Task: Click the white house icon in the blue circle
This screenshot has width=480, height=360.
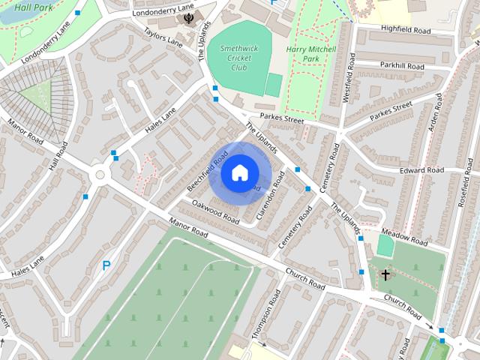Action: tap(239, 173)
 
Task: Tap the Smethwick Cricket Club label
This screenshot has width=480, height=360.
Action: tap(238, 58)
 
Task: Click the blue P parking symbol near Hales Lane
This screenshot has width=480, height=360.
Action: tap(106, 265)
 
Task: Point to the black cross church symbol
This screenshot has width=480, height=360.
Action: tap(385, 275)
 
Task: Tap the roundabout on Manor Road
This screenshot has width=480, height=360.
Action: tap(99, 175)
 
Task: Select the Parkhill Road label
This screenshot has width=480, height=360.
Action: tap(401, 67)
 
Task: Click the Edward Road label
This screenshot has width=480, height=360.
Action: tap(421, 170)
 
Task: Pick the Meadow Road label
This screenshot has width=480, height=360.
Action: tap(403, 237)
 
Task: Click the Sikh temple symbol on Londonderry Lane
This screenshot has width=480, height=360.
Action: tap(187, 18)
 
